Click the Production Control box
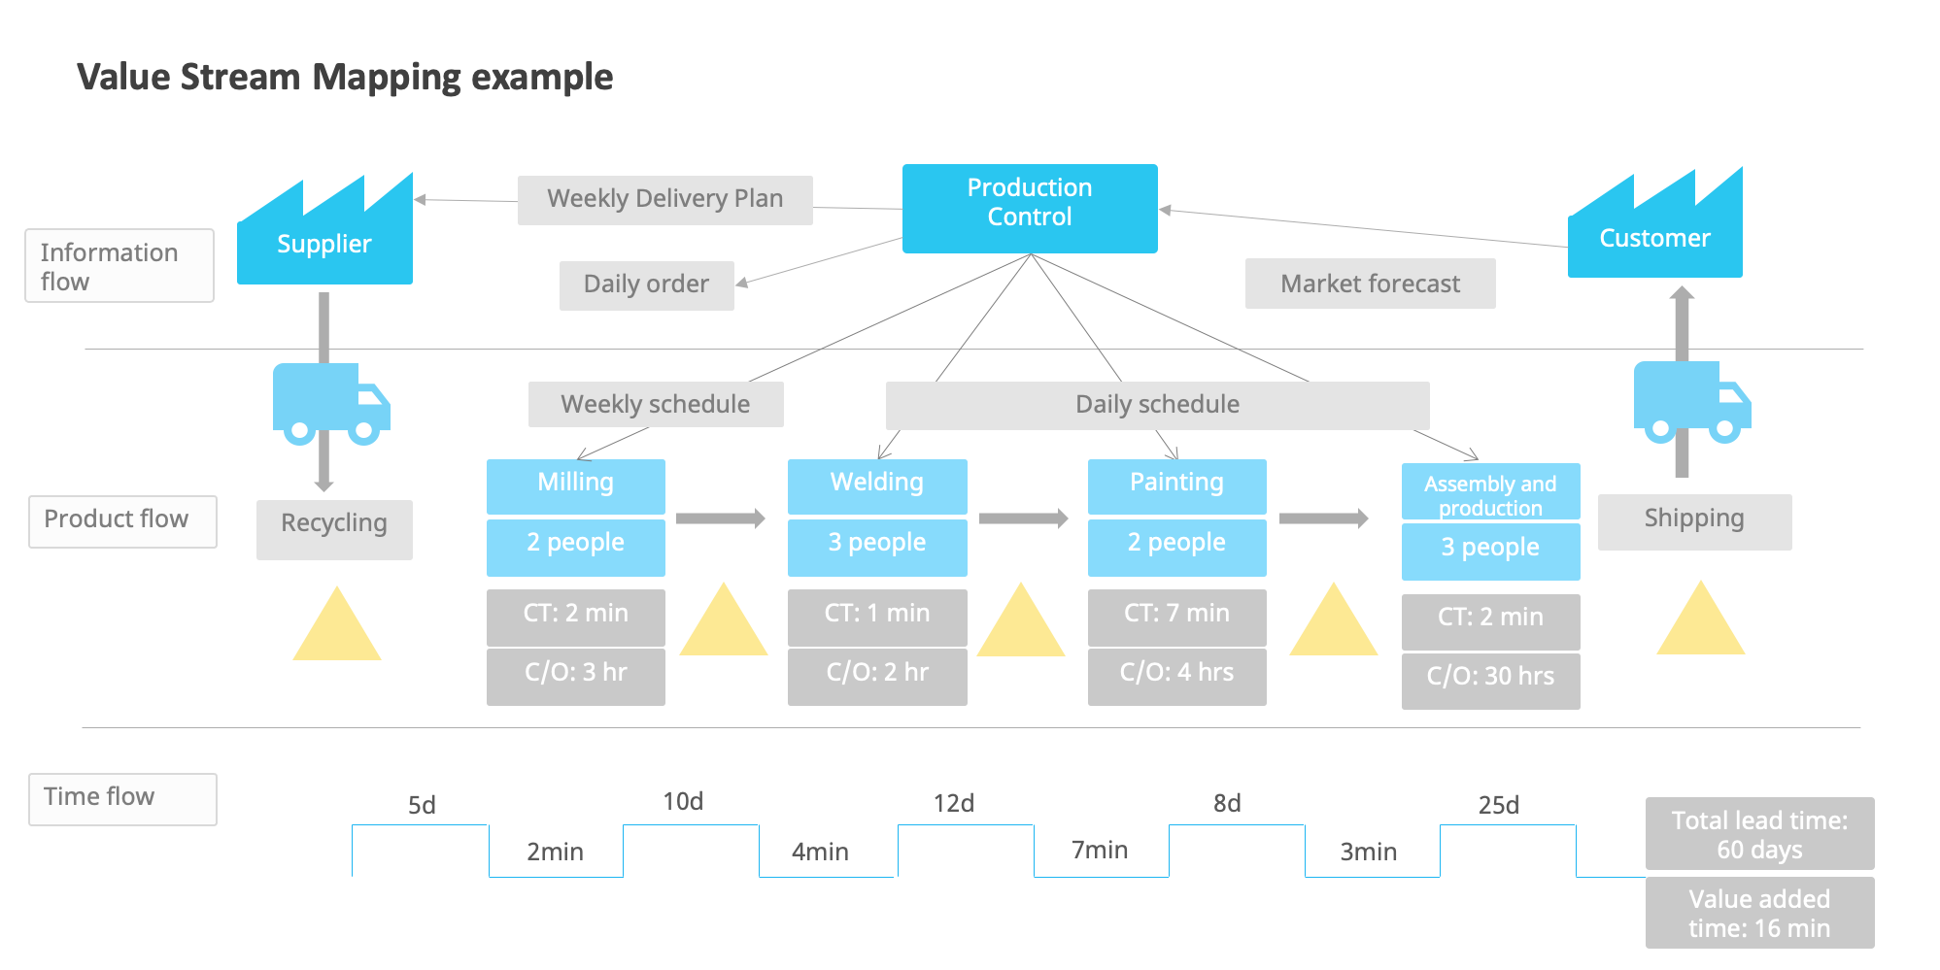coord(1029,208)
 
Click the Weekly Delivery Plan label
coord(664,199)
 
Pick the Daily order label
coord(646,284)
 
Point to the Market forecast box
coord(1370,284)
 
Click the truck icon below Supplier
coord(330,403)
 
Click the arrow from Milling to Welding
coord(721,518)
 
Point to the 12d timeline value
coord(953,804)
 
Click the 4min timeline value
coord(820,853)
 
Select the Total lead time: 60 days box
coord(1759,834)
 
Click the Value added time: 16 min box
coord(1759,913)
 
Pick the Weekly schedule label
coord(656,404)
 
